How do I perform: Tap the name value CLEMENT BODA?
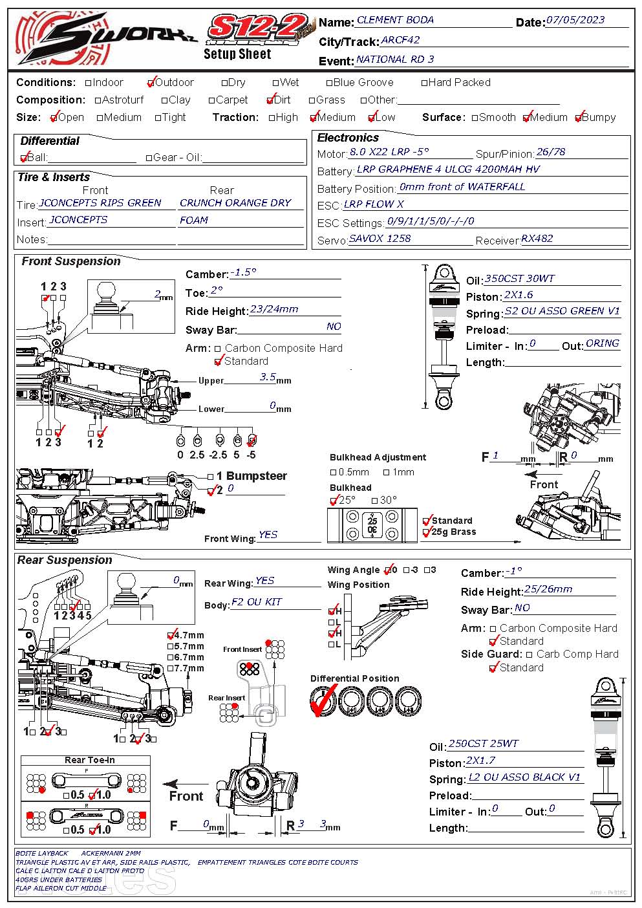(395, 20)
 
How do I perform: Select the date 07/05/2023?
(575, 19)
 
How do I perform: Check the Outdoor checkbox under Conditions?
(151, 83)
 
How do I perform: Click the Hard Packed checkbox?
(425, 83)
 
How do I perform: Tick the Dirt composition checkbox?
(270, 100)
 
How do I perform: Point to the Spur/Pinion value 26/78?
(551, 152)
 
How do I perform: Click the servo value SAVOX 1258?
(380, 238)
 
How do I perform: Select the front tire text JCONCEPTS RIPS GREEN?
(100, 202)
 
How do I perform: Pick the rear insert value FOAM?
(194, 220)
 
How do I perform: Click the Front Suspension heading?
(71, 261)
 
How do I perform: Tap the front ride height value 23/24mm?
(274, 308)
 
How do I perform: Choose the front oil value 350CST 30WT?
(519, 278)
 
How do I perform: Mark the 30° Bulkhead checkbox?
(375, 501)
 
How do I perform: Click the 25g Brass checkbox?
(427, 532)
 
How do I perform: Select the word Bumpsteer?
(257, 476)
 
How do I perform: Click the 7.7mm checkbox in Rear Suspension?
(171, 668)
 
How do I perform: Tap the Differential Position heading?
(354, 678)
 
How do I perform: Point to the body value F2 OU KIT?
(257, 602)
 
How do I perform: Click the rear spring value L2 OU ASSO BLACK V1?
(524, 777)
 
